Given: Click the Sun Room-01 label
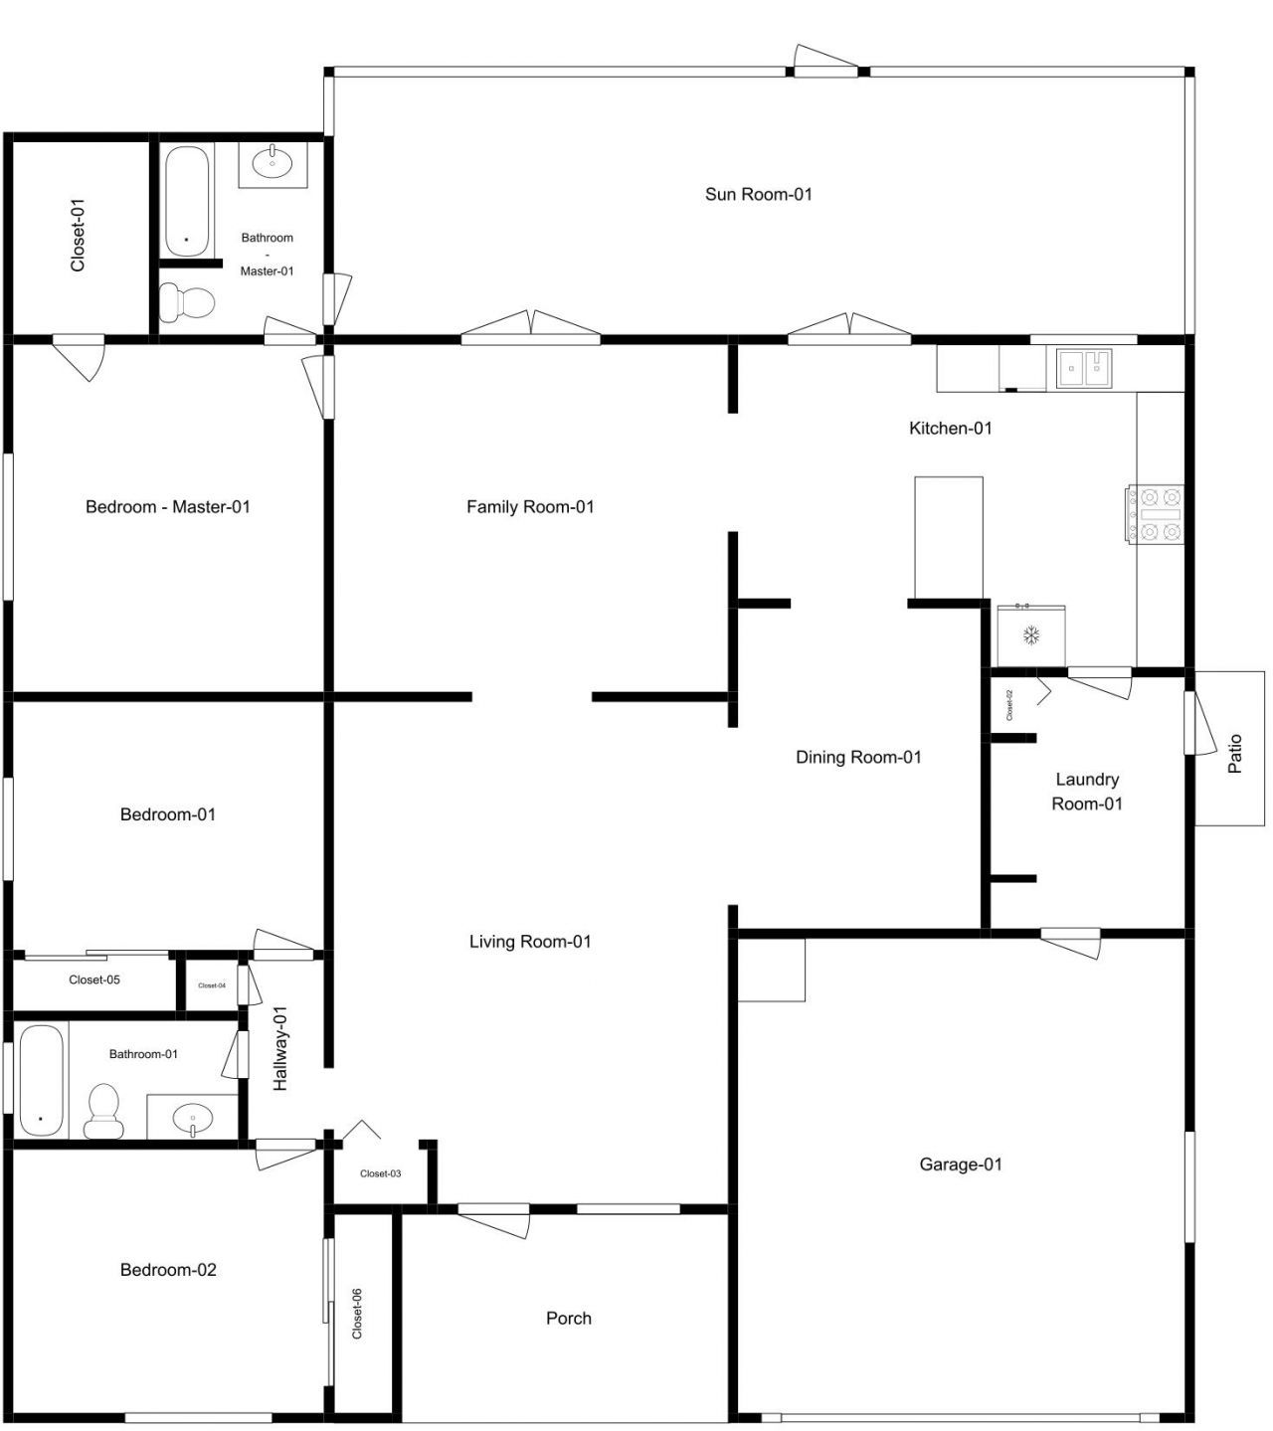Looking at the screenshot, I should (x=758, y=194).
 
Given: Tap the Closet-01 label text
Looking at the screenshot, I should (x=78, y=236).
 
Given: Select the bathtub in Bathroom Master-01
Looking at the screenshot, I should (x=187, y=201).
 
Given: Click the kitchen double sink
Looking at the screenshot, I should (x=1084, y=368).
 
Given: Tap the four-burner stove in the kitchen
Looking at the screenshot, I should (x=1156, y=514).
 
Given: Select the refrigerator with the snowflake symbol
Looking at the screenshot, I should (x=1031, y=634).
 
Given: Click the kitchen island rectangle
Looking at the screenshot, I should (x=949, y=537).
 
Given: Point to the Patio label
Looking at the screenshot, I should (x=1235, y=754).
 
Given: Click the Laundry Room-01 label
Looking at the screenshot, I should (x=1087, y=792).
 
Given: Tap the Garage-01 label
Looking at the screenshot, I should (x=960, y=1164).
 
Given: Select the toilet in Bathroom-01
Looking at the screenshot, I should (x=103, y=1111).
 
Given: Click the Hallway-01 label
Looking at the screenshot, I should (x=280, y=1048).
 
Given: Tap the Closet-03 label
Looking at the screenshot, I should (x=380, y=1173).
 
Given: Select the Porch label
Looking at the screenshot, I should (x=569, y=1319).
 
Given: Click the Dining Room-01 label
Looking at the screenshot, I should (x=858, y=757).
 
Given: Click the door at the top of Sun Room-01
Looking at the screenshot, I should (x=825, y=63).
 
